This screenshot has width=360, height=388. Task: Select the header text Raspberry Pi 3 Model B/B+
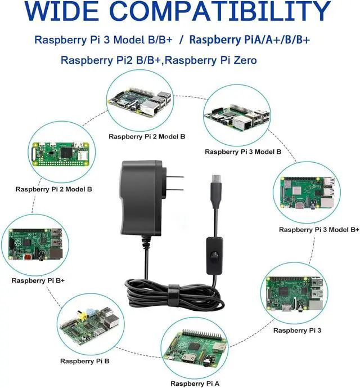(105, 40)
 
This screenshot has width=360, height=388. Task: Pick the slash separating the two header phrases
(181, 40)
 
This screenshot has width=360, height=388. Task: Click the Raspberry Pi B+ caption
(37, 280)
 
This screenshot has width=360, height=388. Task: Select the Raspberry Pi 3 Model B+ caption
(319, 230)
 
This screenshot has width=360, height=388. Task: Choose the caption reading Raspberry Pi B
(84, 361)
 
